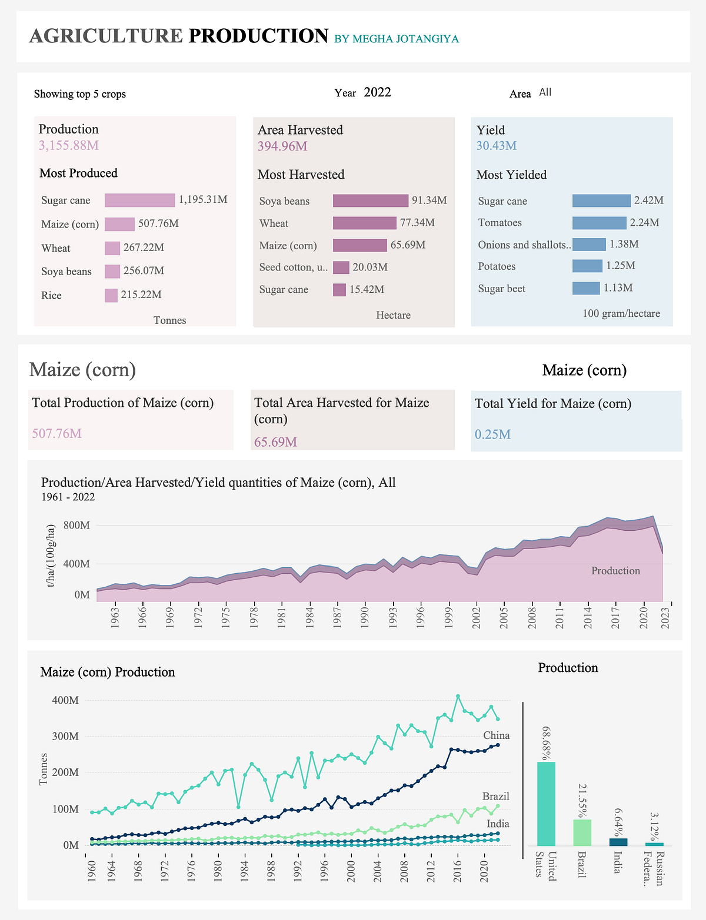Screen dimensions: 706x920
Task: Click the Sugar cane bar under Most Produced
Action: (140, 200)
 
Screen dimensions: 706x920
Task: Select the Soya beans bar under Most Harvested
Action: (371, 200)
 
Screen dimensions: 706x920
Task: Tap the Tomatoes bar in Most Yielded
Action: (600, 223)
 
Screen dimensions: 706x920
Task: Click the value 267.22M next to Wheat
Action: (144, 247)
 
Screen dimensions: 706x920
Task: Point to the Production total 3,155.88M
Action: (69, 145)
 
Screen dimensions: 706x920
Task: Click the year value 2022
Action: (377, 92)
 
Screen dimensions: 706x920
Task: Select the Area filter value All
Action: (545, 92)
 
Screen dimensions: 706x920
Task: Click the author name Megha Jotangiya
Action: (397, 39)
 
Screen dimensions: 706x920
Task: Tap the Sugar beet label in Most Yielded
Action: (501, 289)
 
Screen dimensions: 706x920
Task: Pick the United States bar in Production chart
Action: (546, 804)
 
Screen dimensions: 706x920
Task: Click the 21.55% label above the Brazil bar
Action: (582, 801)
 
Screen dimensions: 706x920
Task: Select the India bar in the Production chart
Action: (618, 842)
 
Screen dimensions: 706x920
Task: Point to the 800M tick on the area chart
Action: (76, 526)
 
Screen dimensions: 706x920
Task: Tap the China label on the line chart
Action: (497, 735)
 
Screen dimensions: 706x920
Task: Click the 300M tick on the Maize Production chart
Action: (65, 736)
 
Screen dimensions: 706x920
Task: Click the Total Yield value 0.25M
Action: (492, 434)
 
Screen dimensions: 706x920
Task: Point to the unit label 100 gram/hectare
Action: (621, 313)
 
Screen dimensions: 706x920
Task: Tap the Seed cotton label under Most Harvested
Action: (294, 267)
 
